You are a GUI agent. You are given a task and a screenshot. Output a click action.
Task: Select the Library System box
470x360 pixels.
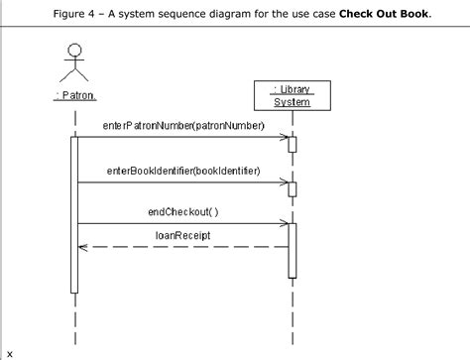[292, 95]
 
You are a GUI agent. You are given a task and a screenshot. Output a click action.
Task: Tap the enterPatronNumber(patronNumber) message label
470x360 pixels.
[183, 126]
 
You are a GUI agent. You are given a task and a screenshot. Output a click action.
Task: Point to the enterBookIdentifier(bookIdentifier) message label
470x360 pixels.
[183, 171]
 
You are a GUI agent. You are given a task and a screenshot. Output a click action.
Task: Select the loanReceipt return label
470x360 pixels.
[182, 236]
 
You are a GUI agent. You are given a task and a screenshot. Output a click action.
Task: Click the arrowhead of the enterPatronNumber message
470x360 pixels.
[284, 138]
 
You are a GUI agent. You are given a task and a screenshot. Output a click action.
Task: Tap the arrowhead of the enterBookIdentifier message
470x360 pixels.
[284, 182]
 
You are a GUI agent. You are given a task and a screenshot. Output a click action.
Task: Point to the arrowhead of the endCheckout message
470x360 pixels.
[284, 223]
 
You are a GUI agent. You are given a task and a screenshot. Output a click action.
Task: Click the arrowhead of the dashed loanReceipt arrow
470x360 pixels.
[84, 248]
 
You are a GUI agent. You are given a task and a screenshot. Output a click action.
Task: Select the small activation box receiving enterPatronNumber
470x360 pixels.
[293, 145]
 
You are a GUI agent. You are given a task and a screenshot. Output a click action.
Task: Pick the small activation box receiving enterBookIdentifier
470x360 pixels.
[293, 189]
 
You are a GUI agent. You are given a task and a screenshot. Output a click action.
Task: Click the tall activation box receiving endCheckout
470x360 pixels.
[293, 250]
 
